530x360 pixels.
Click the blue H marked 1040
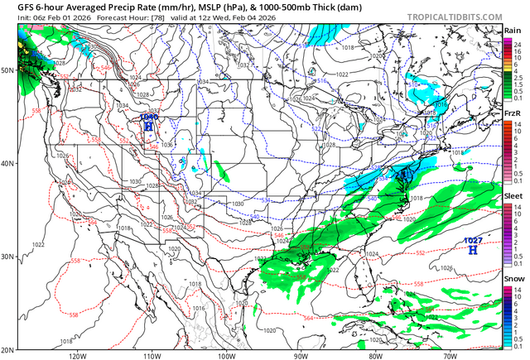[x=149, y=126]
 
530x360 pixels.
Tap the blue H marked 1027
[x=472, y=249]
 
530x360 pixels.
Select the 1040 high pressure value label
[x=149, y=117]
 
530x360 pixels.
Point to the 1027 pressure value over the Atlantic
[x=472, y=240]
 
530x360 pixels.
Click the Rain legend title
[x=513, y=30]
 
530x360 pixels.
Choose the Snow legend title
[x=513, y=281]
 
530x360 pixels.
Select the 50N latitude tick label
[x=8, y=70]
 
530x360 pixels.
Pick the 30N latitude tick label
[x=8, y=257]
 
